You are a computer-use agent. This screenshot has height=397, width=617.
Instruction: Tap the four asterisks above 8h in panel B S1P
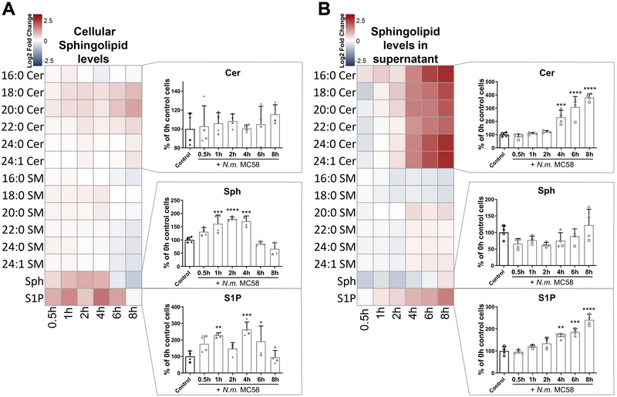(x=596, y=310)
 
